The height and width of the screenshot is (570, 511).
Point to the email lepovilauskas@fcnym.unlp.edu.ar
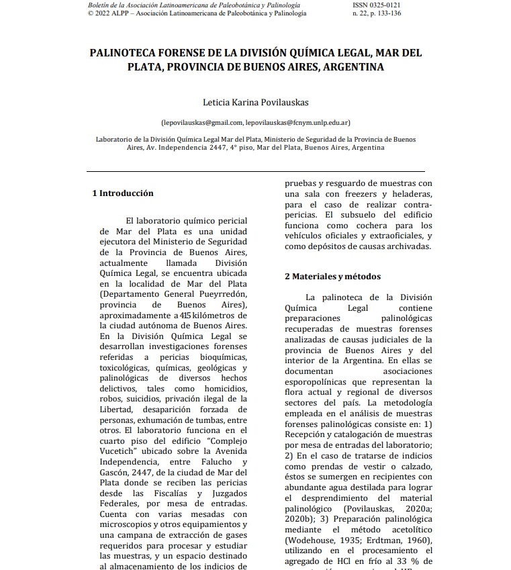tap(297, 123)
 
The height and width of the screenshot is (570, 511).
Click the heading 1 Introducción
tap(123, 193)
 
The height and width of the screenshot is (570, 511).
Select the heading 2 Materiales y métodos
tap(332, 276)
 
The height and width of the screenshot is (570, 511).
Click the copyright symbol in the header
tap(91, 13)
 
